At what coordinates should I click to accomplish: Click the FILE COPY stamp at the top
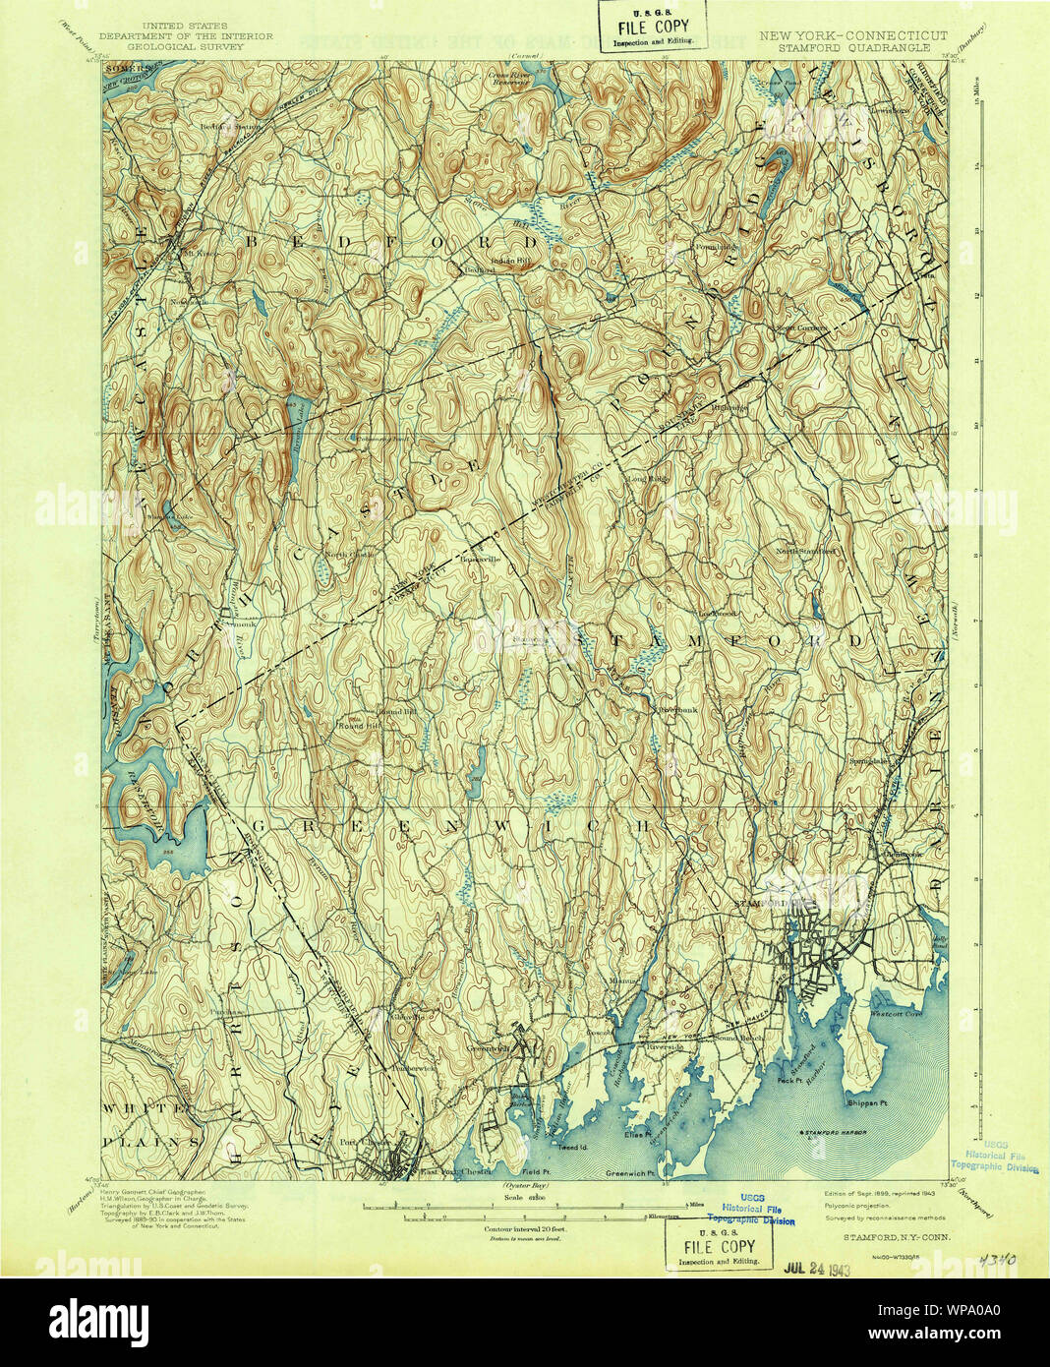(x=654, y=28)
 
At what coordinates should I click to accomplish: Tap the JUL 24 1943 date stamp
(x=816, y=1268)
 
